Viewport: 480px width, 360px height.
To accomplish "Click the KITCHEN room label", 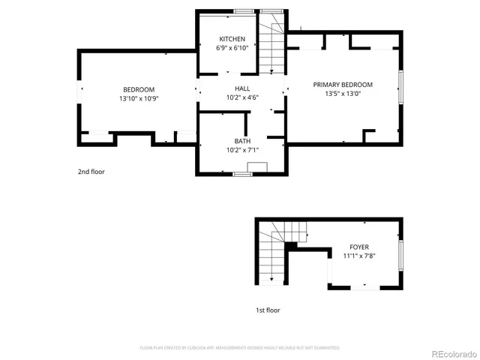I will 231,39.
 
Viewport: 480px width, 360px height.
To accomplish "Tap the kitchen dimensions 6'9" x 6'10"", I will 231,48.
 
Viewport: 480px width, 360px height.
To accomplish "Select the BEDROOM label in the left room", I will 139,90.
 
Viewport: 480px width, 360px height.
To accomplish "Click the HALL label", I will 241,88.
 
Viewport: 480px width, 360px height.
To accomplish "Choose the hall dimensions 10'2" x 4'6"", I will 241,97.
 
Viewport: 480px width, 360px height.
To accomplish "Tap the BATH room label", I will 242,141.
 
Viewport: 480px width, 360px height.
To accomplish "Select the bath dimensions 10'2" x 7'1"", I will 242,150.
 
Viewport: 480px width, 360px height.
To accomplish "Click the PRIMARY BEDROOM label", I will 343,85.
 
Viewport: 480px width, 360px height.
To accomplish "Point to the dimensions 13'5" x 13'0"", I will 343,94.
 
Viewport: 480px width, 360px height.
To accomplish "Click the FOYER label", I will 359,247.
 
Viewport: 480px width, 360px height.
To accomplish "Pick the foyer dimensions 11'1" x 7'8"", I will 359,256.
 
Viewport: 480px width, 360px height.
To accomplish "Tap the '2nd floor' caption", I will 91,172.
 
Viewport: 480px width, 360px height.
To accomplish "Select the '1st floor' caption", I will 268,310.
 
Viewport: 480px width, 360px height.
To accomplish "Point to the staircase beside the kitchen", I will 272,45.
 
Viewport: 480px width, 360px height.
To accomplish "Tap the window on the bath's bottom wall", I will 241,174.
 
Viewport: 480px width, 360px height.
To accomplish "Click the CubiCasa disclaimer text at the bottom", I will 240,348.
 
